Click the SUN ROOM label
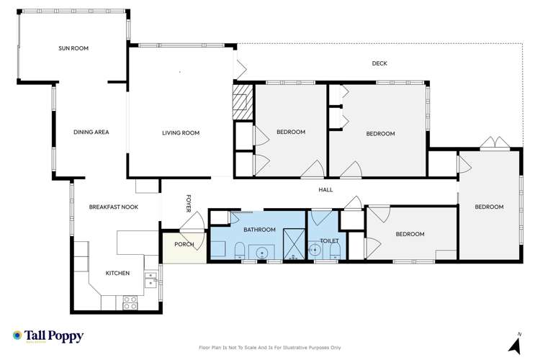[73, 49]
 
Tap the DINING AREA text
[91, 132]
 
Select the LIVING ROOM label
[180, 132]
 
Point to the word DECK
[379, 63]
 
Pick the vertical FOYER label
[189, 203]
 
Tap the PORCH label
[185, 244]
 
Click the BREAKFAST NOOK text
[113, 207]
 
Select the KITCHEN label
[117, 273]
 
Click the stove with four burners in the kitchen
[130, 302]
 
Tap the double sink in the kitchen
[150, 279]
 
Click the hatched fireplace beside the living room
[243, 101]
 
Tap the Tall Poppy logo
[48, 336]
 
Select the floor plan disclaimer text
[269, 348]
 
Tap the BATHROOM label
[259, 230]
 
